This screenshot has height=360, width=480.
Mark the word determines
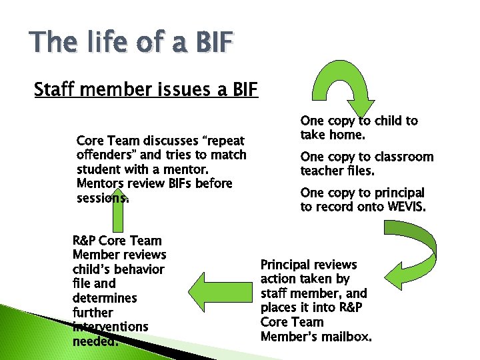click(103, 298)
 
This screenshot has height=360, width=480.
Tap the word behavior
click(139, 269)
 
